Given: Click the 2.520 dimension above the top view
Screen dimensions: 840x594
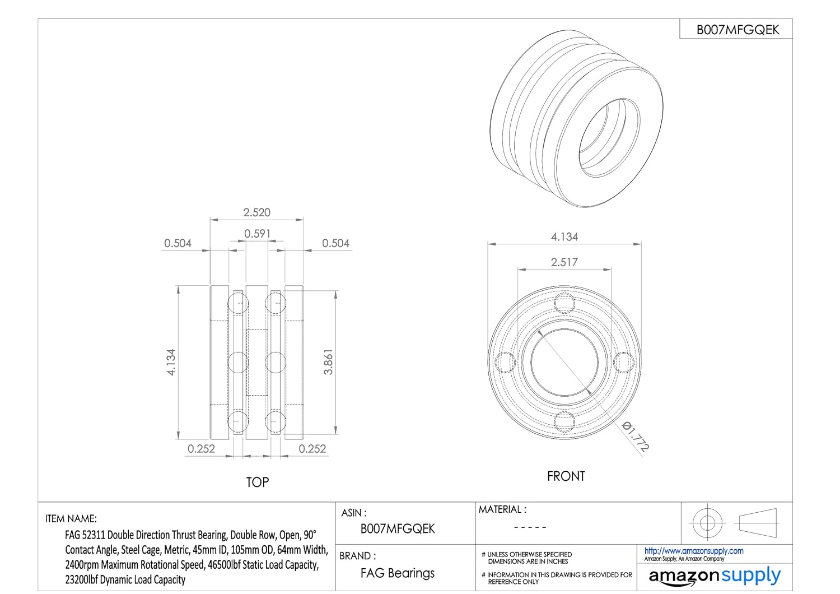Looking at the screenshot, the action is [x=256, y=212].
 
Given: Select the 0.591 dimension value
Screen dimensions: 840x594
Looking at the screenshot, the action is [x=257, y=234].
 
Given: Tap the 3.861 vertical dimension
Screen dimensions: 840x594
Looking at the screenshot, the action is [x=328, y=362].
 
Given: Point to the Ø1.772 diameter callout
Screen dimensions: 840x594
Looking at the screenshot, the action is [x=635, y=437].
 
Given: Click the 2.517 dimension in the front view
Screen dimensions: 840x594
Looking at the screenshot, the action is [x=564, y=262].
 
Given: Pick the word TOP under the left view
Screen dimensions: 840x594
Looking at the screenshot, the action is [x=257, y=482].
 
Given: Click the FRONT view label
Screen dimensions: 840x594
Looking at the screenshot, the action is [x=566, y=476].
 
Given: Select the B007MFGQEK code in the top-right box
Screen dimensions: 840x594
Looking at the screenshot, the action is [x=738, y=30].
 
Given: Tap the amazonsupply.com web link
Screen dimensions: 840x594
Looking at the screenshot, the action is [x=694, y=551].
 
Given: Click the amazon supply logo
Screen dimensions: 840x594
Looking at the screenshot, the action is [x=715, y=576].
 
